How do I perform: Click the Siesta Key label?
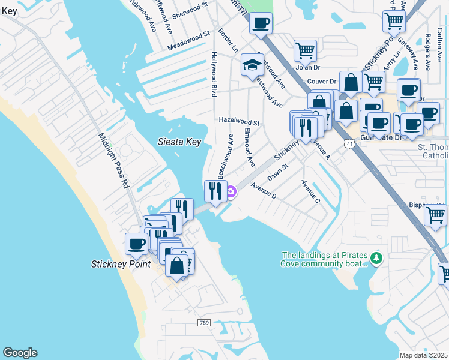[x=179, y=142]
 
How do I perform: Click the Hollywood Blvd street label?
[x=214, y=74]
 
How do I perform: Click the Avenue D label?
[x=264, y=191]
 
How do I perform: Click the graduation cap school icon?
[x=253, y=64]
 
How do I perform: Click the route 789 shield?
[x=204, y=323]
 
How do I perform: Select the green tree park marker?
[x=376, y=259]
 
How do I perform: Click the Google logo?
[x=20, y=353]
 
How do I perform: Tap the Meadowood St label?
[x=188, y=41]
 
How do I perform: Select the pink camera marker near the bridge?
[x=231, y=192]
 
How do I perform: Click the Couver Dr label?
[x=322, y=82]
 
